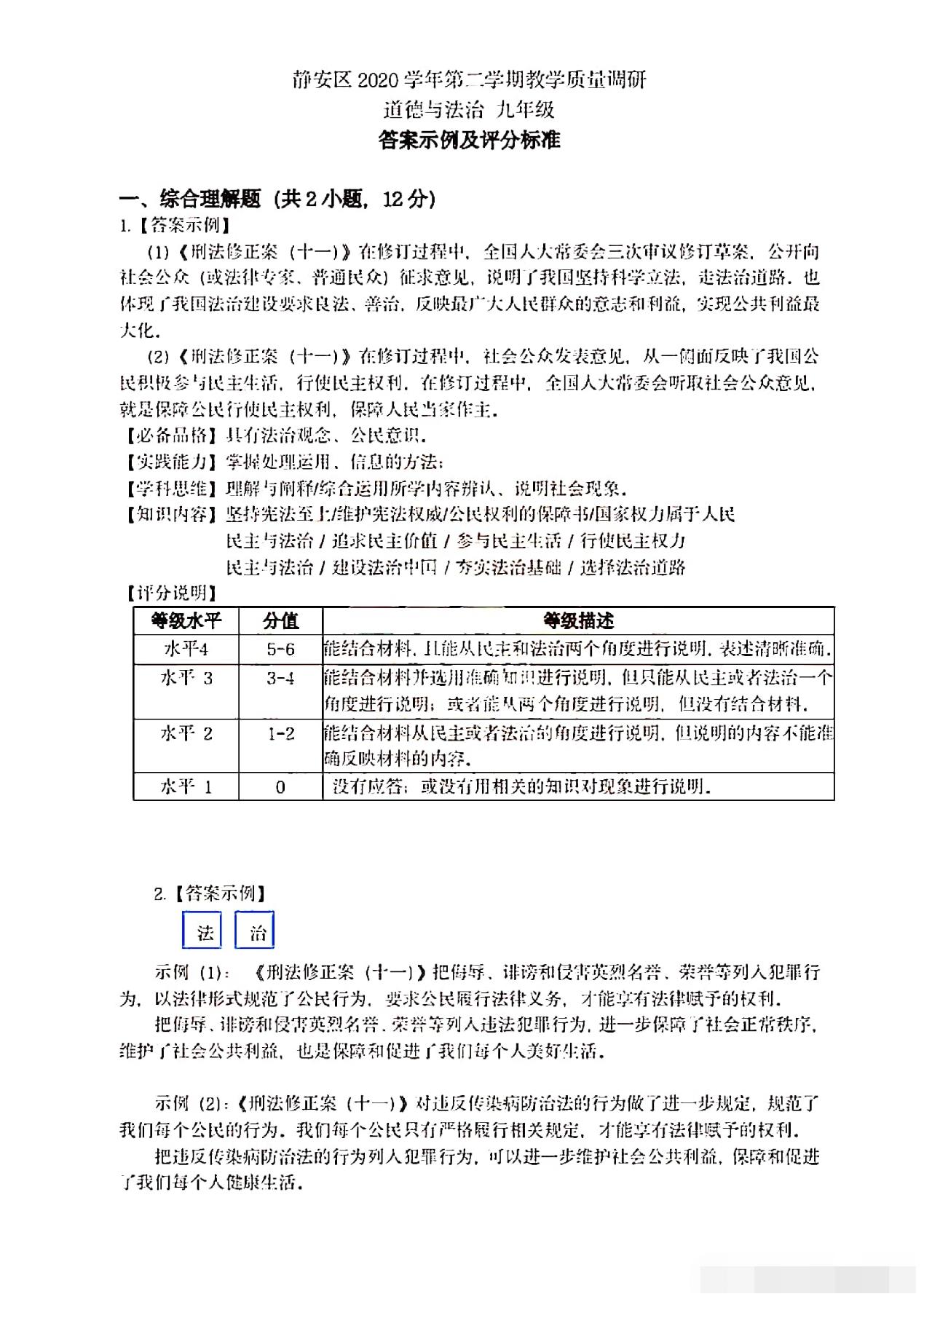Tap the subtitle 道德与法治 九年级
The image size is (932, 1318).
click(x=469, y=110)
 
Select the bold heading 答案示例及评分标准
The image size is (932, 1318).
click(x=469, y=140)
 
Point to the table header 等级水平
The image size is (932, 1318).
click(x=186, y=621)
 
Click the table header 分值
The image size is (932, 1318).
click(x=280, y=621)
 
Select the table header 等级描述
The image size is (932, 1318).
click(x=578, y=621)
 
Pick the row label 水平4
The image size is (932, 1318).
click(x=186, y=649)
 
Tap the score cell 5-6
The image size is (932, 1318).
click(x=280, y=649)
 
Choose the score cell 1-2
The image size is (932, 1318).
click(x=280, y=733)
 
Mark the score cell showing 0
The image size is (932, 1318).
click(x=280, y=787)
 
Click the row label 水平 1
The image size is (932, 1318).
click(x=186, y=787)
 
